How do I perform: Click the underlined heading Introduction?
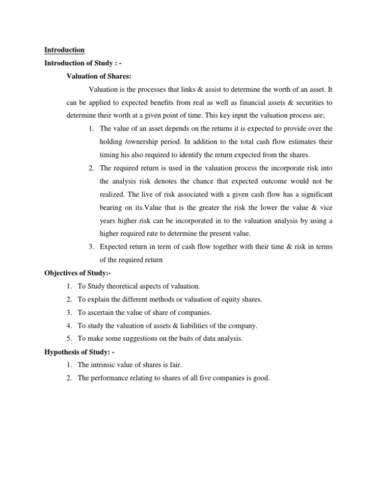[x=64, y=50]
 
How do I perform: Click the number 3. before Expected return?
[x=91, y=247]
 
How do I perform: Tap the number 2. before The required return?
[x=91, y=168]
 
